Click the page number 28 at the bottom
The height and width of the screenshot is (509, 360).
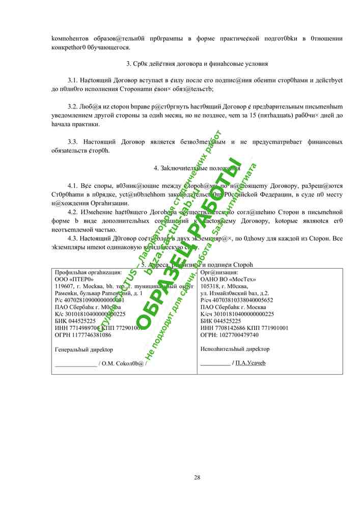197,477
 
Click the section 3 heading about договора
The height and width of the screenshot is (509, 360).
197,64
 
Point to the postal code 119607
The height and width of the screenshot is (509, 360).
64,286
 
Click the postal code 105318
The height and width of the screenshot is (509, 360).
210,286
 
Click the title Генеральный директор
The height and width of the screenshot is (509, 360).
84,350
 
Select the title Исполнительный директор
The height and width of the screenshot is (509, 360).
235,349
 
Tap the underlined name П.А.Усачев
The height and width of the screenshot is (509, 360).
251,363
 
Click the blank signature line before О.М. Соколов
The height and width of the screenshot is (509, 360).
75,364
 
